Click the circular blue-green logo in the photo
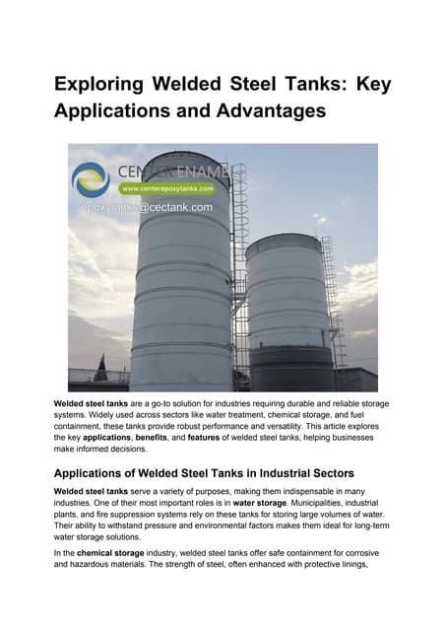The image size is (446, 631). tap(92, 179)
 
